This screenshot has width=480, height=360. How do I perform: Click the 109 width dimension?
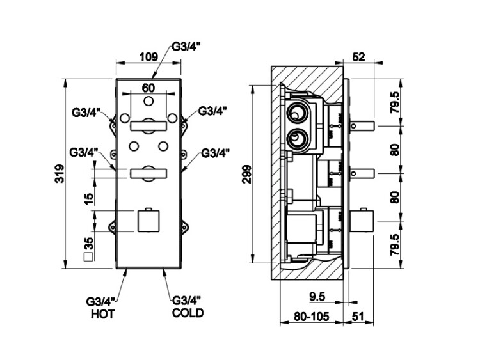tap(148, 57)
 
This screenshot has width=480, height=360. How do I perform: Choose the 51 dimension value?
tap(358, 317)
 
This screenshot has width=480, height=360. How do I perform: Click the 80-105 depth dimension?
tap(310, 317)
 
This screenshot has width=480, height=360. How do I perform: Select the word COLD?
tap(188, 313)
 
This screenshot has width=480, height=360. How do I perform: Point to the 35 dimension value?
tap(89, 244)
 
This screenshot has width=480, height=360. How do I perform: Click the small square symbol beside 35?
tap(89, 258)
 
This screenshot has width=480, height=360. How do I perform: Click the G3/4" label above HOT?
tap(101, 301)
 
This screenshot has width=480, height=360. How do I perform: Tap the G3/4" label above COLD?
tap(188, 301)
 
